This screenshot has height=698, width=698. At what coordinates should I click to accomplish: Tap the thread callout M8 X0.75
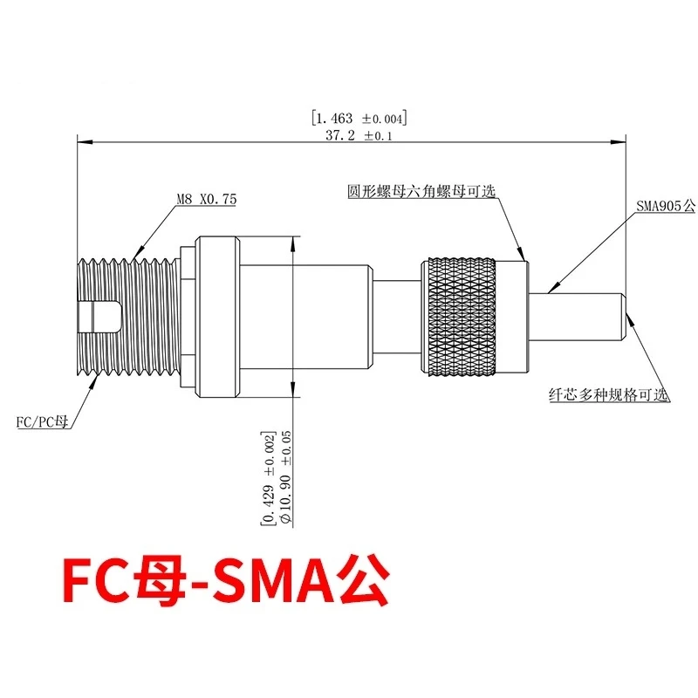pos(207,199)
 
